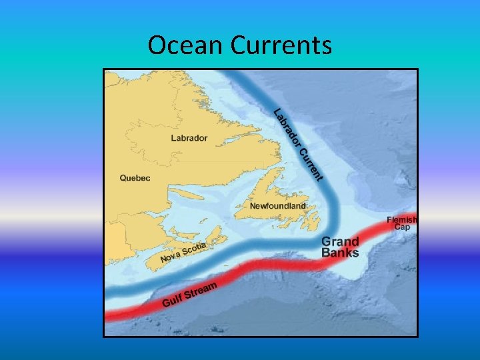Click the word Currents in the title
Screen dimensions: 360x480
[281, 45]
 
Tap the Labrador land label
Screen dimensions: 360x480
[189, 139]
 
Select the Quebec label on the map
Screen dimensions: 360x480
[135, 178]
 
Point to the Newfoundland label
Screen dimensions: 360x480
[277, 206]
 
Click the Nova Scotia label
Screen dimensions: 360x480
[183, 252]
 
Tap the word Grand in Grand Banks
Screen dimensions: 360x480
[341, 241]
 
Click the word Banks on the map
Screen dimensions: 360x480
[340, 253]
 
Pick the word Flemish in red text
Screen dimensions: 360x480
[402, 219]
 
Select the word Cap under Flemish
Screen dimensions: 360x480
[402, 227]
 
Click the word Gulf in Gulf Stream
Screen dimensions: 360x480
[172, 301]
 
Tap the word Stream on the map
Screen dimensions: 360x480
[201, 291]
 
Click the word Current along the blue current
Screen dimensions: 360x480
[311, 164]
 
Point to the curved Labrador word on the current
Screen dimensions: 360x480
[287, 126]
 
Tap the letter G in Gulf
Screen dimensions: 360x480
[166, 304]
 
